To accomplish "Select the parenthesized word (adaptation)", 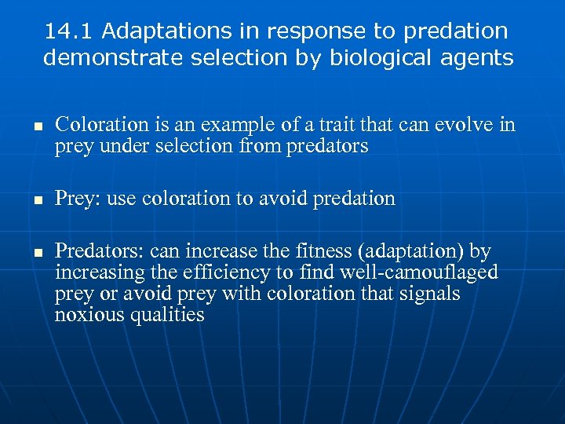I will pyautogui.click(x=412, y=253).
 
